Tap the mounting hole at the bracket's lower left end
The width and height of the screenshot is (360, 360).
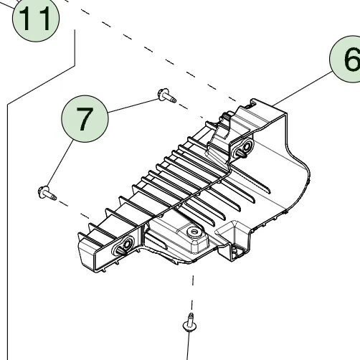point(123,246)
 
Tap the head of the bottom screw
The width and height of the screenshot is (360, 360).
point(190,328)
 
